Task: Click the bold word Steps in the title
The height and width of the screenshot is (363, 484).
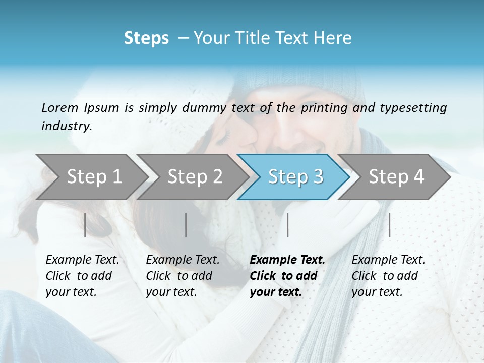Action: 146,38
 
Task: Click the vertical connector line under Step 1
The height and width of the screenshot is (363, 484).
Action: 85,225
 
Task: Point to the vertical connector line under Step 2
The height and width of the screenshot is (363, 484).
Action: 186,225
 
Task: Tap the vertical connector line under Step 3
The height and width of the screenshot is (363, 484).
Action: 288,225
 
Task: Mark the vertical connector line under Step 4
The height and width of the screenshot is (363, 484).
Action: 390,225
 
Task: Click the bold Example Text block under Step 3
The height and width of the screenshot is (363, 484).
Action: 287,276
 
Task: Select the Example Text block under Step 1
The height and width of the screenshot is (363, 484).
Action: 82,276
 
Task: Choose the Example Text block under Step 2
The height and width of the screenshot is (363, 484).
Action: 183,276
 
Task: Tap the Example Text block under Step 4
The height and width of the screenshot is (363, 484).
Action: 388,276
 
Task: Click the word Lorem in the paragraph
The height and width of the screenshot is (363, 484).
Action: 60,107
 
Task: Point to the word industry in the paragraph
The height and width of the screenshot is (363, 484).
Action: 67,126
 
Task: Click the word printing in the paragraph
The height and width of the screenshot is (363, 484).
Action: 323,107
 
